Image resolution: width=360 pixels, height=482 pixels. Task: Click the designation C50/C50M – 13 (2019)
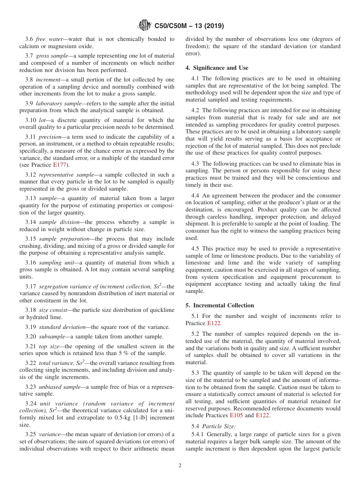pos(189,26)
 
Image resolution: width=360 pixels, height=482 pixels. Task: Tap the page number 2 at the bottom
pos(180,466)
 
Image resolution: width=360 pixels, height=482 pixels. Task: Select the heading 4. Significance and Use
pos(217,68)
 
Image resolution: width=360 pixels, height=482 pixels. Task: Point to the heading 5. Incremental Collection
pos(220,305)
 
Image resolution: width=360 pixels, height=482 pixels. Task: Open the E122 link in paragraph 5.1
pos(214,323)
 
